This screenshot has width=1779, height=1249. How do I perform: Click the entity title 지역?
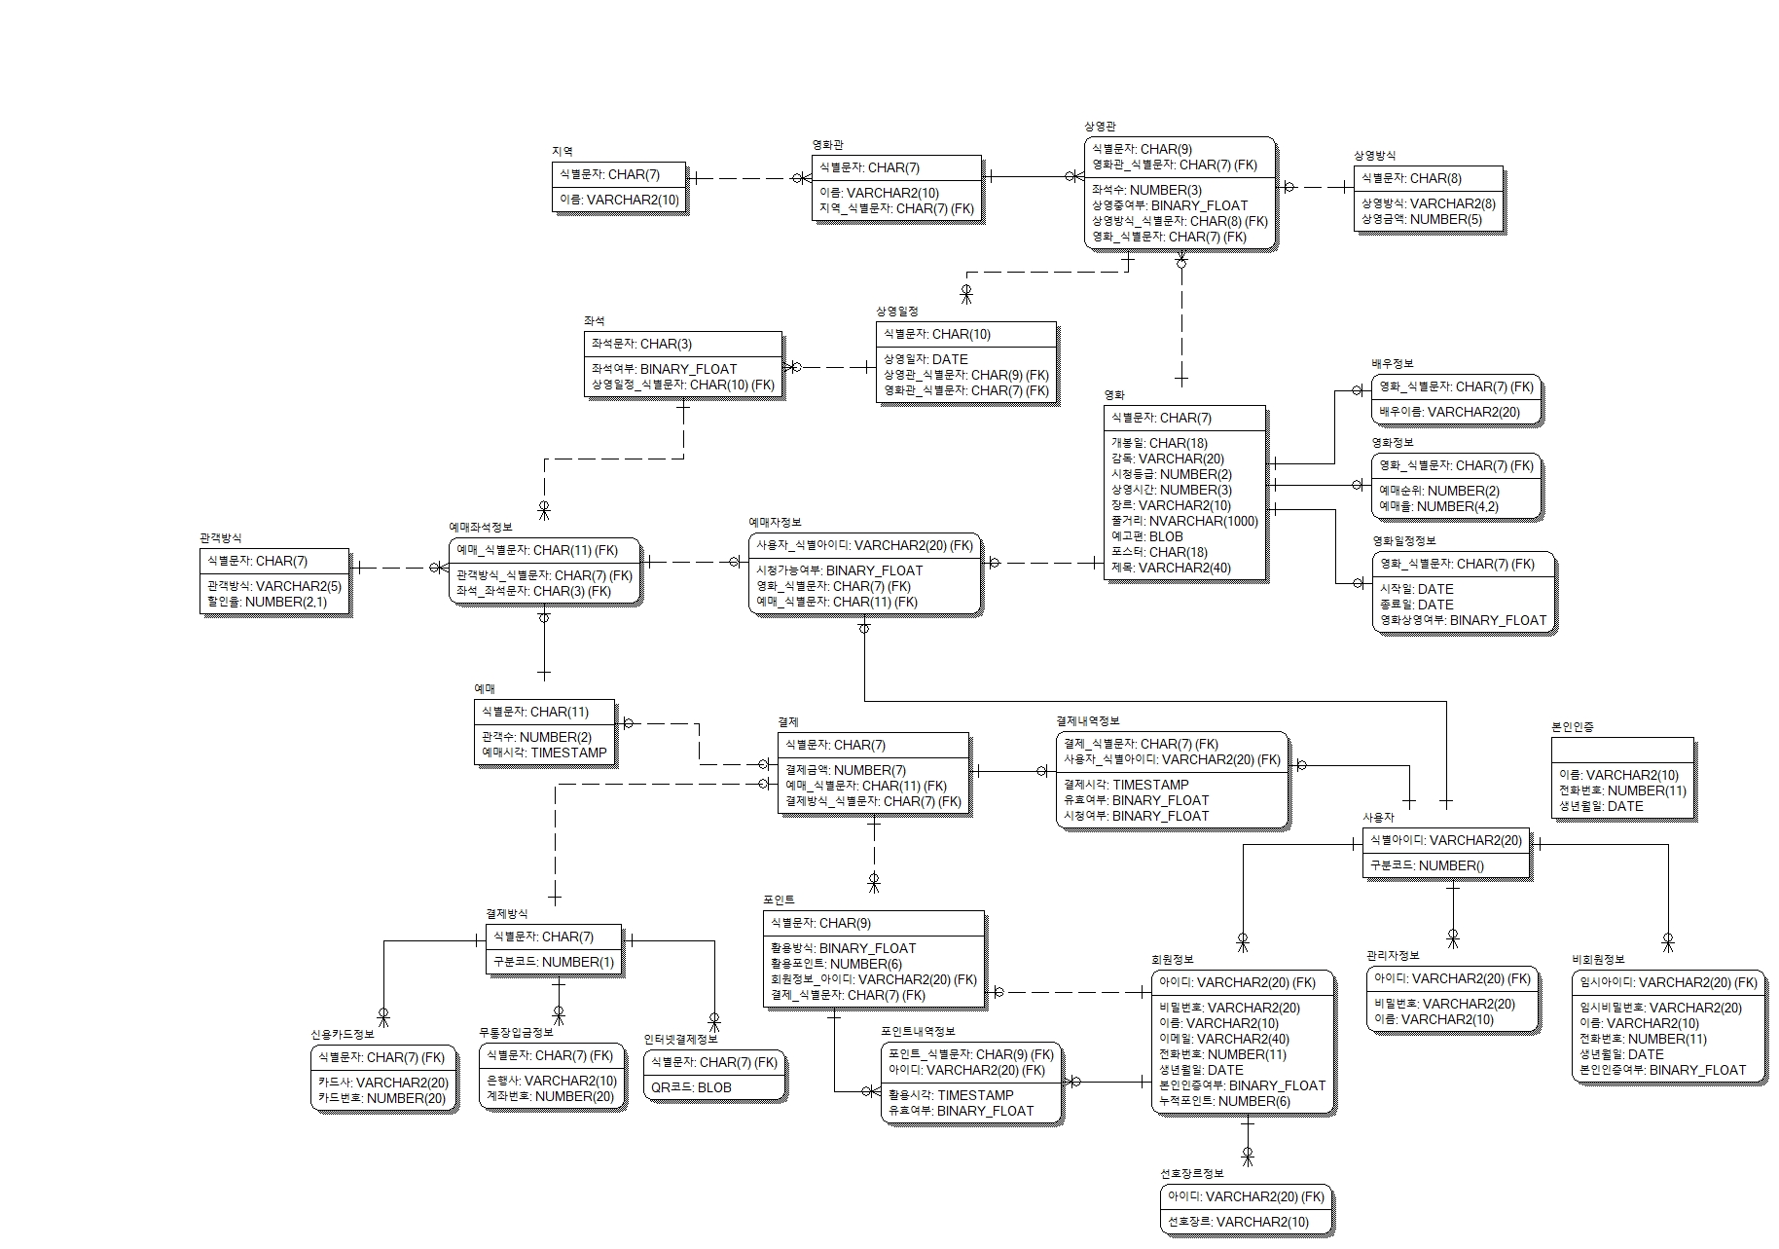click(x=563, y=151)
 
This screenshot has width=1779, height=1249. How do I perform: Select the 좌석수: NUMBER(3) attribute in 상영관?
click(x=1146, y=190)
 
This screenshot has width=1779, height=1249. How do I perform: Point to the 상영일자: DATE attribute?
click(x=926, y=359)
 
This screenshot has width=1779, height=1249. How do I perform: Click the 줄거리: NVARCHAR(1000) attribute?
click(x=1184, y=521)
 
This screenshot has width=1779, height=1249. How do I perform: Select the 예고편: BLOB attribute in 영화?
click(x=1147, y=536)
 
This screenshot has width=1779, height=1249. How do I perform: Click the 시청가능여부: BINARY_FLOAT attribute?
click(x=839, y=570)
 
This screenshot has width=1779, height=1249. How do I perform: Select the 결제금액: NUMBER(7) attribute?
click(x=845, y=770)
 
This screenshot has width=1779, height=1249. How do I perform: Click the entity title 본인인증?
click(x=1572, y=727)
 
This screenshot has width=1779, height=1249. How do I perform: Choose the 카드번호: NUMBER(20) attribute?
click(x=381, y=1097)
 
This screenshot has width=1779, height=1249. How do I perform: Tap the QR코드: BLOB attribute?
click(x=691, y=1087)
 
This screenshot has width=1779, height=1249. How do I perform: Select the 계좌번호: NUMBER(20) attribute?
click(x=551, y=1096)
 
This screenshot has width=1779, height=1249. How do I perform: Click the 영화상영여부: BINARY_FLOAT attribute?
click(x=1463, y=620)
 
